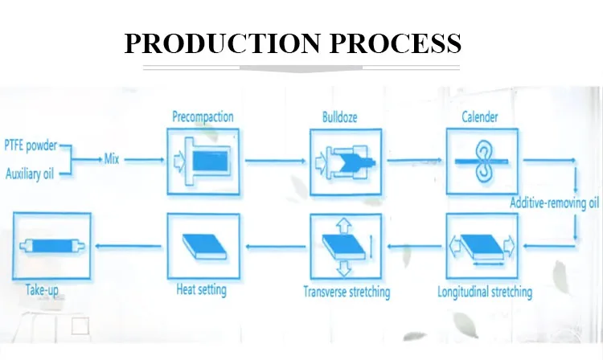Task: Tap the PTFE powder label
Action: tap(31, 146)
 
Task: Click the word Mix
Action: tap(112, 159)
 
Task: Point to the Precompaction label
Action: tap(203, 117)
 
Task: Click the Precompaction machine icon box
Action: tap(205, 162)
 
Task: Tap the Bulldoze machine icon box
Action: tap(344, 162)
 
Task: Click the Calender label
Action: tap(480, 117)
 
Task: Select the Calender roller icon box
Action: tap(481, 162)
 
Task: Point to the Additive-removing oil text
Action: tap(555, 202)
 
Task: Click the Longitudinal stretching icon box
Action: tap(481, 244)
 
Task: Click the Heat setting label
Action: tap(201, 289)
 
